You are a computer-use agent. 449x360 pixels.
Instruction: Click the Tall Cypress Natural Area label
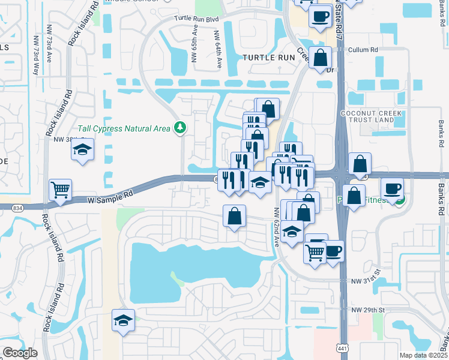(124, 128)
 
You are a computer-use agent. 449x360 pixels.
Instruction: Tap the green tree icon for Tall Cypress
(179, 127)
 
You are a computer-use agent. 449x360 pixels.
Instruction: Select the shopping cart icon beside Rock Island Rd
(60, 190)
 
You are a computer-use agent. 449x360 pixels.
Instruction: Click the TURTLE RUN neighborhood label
(269, 58)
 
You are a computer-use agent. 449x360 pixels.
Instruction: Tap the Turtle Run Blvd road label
(196, 19)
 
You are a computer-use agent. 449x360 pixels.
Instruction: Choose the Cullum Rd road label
(365, 50)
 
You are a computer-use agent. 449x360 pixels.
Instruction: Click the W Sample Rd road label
(110, 196)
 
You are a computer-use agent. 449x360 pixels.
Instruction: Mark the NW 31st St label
(367, 280)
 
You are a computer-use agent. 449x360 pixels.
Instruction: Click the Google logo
(20, 353)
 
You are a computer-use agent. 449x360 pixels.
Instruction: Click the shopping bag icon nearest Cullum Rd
(321, 58)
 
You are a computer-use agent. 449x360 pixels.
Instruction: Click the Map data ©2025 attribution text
(423, 355)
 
